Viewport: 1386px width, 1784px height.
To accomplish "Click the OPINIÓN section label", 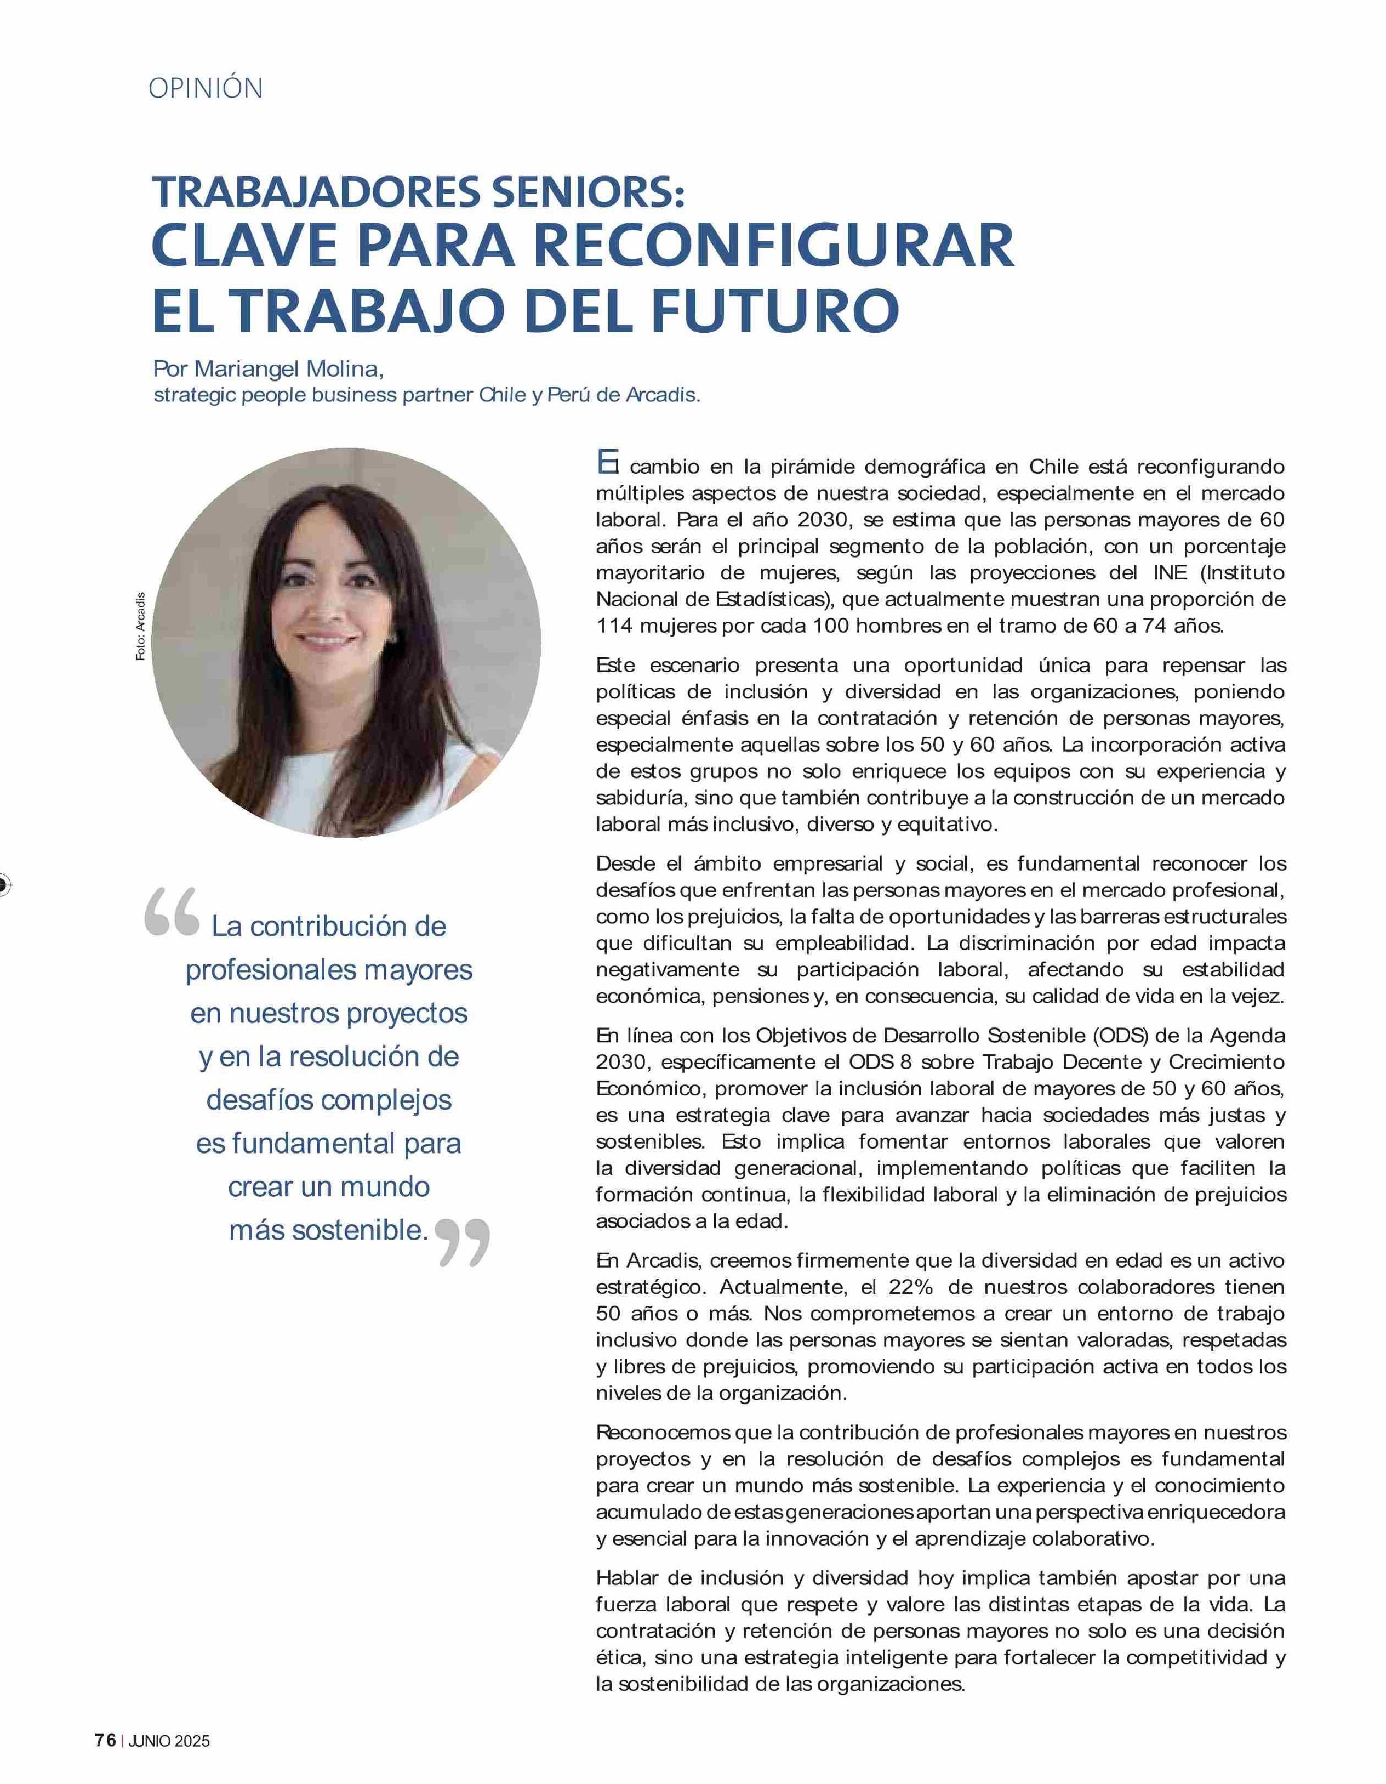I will pyautogui.click(x=206, y=88).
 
